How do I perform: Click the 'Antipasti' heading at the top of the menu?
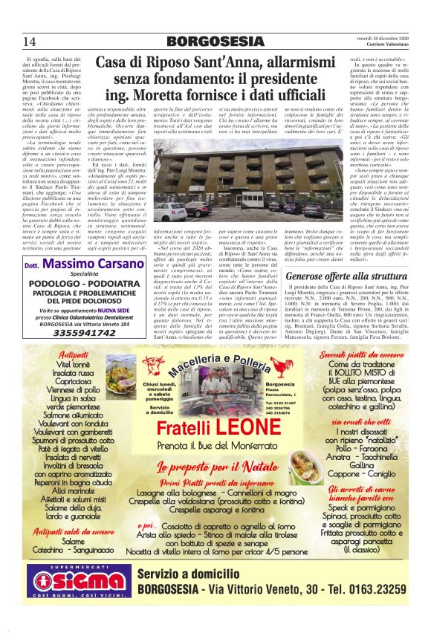pyautogui.click(x=72, y=356)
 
